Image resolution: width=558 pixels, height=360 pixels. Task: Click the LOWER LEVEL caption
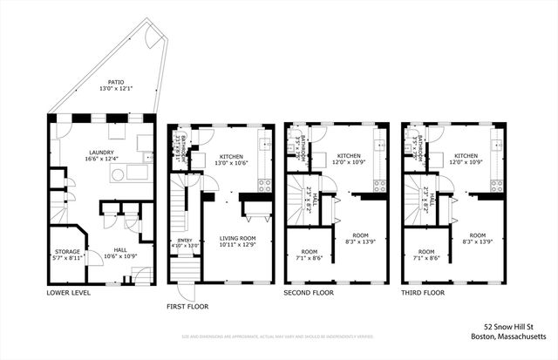click(69, 293)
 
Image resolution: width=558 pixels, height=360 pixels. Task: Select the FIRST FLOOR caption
click(189, 307)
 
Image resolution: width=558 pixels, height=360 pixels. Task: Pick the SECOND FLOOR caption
click(310, 293)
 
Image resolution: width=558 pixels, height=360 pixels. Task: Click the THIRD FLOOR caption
click(424, 293)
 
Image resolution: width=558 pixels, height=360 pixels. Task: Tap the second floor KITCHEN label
click(349, 155)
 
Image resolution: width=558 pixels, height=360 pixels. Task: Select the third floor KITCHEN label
click(466, 155)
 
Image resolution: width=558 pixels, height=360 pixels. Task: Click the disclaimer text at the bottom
click(279, 336)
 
